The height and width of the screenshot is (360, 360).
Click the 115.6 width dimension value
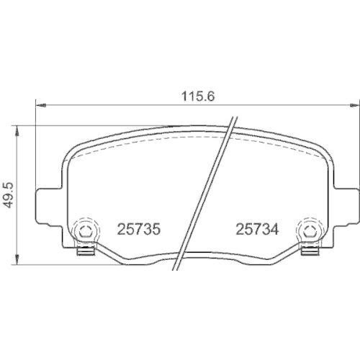198,96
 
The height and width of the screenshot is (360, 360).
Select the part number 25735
138,229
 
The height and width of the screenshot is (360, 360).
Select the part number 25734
257,229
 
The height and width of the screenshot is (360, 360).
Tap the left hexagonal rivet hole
84,231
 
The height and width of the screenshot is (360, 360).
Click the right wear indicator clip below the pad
310,251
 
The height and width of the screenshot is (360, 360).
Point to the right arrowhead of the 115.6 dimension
354,105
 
